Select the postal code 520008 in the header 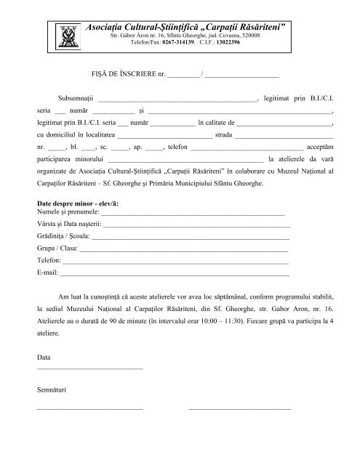237,36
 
